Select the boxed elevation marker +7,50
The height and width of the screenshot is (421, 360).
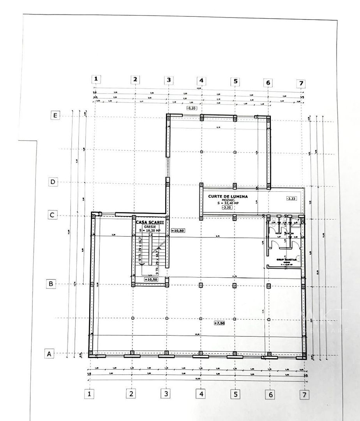220,323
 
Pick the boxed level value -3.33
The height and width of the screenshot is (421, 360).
291,198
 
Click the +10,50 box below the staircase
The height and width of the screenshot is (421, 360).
151,279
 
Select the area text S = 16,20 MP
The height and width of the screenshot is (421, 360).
150,231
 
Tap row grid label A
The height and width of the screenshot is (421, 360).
49,354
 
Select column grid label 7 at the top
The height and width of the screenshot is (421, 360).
301,83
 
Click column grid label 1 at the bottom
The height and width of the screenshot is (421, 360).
90,394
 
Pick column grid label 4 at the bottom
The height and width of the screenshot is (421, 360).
201,394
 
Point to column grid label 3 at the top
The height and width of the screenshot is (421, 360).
168,80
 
